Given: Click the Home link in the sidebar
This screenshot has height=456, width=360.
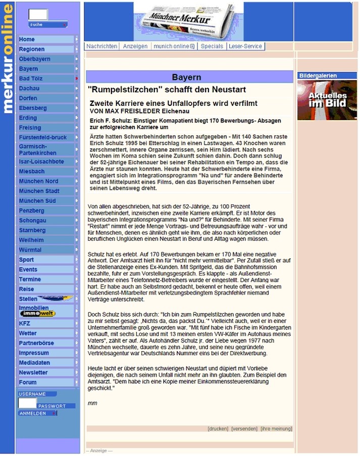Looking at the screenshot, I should click(x=27, y=39).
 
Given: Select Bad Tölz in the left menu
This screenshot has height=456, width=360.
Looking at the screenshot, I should click(x=31, y=79).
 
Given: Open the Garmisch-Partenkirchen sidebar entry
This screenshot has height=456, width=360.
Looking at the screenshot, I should click(x=38, y=150).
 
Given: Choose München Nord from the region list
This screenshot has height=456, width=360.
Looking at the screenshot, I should click(x=38, y=181).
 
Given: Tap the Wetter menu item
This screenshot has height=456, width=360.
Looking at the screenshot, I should click(x=28, y=333).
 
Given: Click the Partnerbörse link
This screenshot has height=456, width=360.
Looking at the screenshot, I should click(x=36, y=343).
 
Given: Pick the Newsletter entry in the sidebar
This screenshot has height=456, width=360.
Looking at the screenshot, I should click(x=33, y=373).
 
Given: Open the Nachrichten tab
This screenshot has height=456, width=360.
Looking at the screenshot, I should click(x=102, y=46).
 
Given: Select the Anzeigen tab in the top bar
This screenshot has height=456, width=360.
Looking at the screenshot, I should click(x=135, y=46).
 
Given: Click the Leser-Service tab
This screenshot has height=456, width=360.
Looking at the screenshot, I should click(x=245, y=46).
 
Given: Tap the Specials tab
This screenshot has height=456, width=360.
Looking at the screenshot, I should click(x=212, y=46).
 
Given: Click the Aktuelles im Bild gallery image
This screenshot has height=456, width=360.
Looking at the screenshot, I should click(x=320, y=100).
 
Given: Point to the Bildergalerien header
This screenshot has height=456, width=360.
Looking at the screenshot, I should click(x=318, y=76).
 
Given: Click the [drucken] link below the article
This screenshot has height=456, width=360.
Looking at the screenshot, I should click(x=218, y=429).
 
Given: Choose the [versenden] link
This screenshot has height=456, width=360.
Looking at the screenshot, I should click(x=244, y=429).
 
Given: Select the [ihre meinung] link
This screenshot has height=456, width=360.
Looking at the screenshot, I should click(x=276, y=429).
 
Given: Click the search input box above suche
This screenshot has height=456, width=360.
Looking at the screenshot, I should click(x=38, y=15).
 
